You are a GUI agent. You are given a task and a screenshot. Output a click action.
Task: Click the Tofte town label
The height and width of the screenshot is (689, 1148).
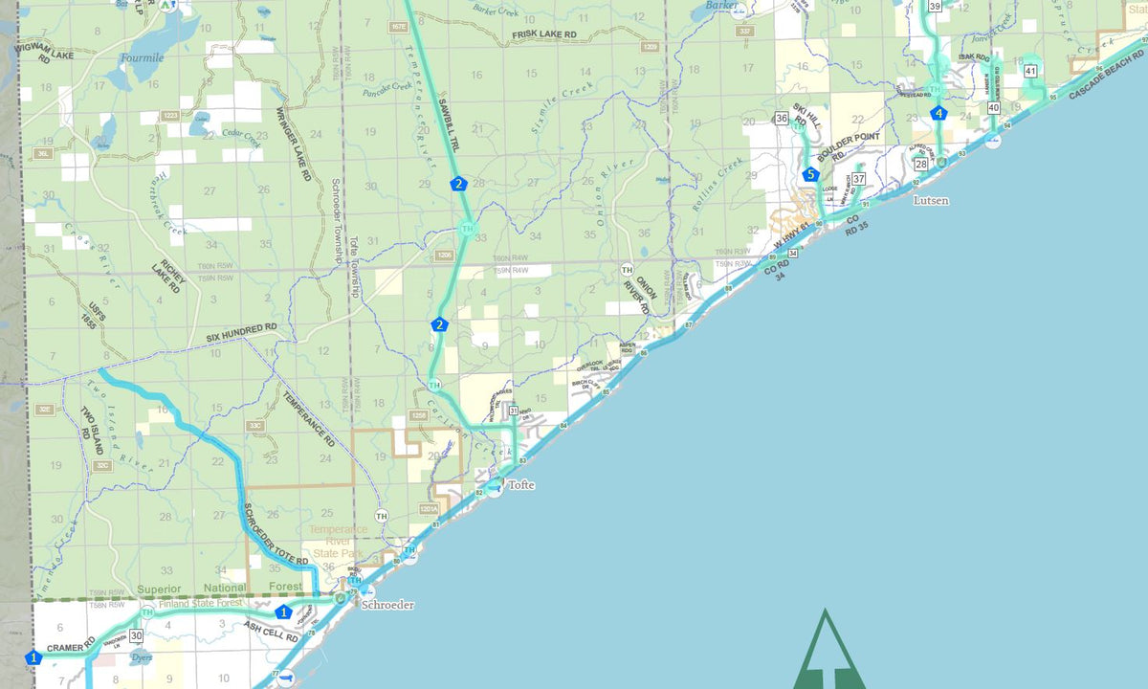521,485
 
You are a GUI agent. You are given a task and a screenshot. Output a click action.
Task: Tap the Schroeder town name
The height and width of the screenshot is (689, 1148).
386,605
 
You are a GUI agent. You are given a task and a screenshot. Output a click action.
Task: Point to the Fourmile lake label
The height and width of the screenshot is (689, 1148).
142,57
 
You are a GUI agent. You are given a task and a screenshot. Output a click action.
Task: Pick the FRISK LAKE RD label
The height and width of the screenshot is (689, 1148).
544,34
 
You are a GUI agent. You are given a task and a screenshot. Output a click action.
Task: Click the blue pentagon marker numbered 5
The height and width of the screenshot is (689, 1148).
811,174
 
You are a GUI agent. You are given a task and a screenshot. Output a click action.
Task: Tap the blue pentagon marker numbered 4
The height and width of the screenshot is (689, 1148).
938,114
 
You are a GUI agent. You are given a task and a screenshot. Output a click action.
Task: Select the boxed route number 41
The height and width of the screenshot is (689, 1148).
1030,72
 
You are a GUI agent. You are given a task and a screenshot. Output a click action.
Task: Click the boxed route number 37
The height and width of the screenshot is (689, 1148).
859,179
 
